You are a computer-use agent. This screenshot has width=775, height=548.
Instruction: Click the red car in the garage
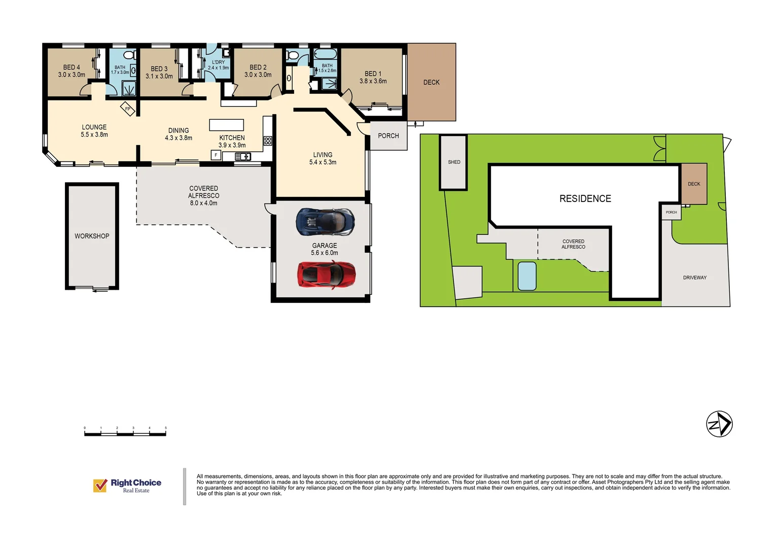click(326, 275)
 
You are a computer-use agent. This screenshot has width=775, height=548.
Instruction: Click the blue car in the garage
click(325, 222)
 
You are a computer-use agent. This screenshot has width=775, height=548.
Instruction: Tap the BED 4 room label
click(72, 71)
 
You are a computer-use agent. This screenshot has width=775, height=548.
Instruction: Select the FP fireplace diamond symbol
click(128, 109)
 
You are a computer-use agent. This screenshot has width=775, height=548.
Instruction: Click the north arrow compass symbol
click(719, 424)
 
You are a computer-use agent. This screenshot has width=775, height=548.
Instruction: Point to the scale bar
click(125, 433)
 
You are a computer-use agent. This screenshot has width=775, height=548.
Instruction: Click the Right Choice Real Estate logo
click(127, 486)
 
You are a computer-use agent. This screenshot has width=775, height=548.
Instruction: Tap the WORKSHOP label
click(92, 236)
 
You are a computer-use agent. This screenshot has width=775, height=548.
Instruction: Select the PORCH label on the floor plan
click(388, 135)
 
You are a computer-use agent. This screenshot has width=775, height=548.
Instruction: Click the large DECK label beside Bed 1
click(431, 82)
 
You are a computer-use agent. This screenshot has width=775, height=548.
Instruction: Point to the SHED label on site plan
click(454, 162)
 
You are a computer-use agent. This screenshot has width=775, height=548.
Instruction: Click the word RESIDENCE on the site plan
click(585, 199)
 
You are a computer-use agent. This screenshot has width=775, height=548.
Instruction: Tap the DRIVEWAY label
click(694, 278)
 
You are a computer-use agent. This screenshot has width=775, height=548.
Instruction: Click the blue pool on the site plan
click(527, 276)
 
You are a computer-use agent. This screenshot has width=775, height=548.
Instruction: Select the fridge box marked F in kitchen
click(216, 155)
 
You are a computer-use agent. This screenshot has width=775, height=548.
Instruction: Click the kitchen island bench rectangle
click(227, 125)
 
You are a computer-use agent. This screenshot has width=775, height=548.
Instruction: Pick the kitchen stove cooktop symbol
click(268, 141)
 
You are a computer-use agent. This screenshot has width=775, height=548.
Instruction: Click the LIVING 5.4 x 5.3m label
click(323, 158)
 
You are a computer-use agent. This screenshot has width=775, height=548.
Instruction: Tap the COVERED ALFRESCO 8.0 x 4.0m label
click(203, 195)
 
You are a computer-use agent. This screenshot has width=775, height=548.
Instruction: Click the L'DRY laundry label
click(218, 65)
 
